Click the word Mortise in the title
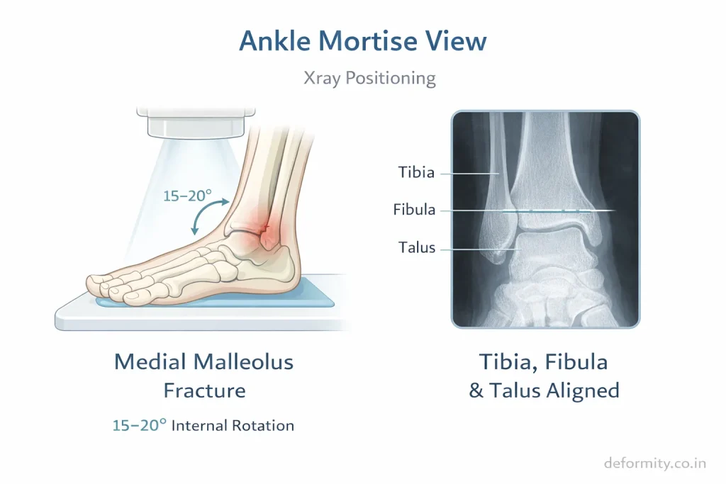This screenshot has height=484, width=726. tap(368, 40)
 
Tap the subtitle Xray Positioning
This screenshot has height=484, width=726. tap(369, 78)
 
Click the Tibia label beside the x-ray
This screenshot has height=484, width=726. tap(416, 173)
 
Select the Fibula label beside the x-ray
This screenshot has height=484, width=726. tap(414, 210)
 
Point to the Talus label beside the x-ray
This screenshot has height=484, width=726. tap(417, 247)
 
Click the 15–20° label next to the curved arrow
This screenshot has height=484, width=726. tap(187, 196)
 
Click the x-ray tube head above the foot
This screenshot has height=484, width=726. tap(196, 123)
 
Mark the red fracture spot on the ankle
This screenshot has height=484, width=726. tap(264, 227)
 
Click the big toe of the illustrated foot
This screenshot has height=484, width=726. tap(99, 284)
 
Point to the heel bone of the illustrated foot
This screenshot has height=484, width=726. tap(278, 264)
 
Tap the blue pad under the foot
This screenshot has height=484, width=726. tap(216, 298)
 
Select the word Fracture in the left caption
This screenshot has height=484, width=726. tap(204, 390)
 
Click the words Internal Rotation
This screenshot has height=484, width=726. tap(233, 425)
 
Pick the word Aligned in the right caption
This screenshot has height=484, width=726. tap(583, 390)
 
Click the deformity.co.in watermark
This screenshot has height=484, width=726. tap(655, 463)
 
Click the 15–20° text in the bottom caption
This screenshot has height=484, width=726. tap(140, 425)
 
